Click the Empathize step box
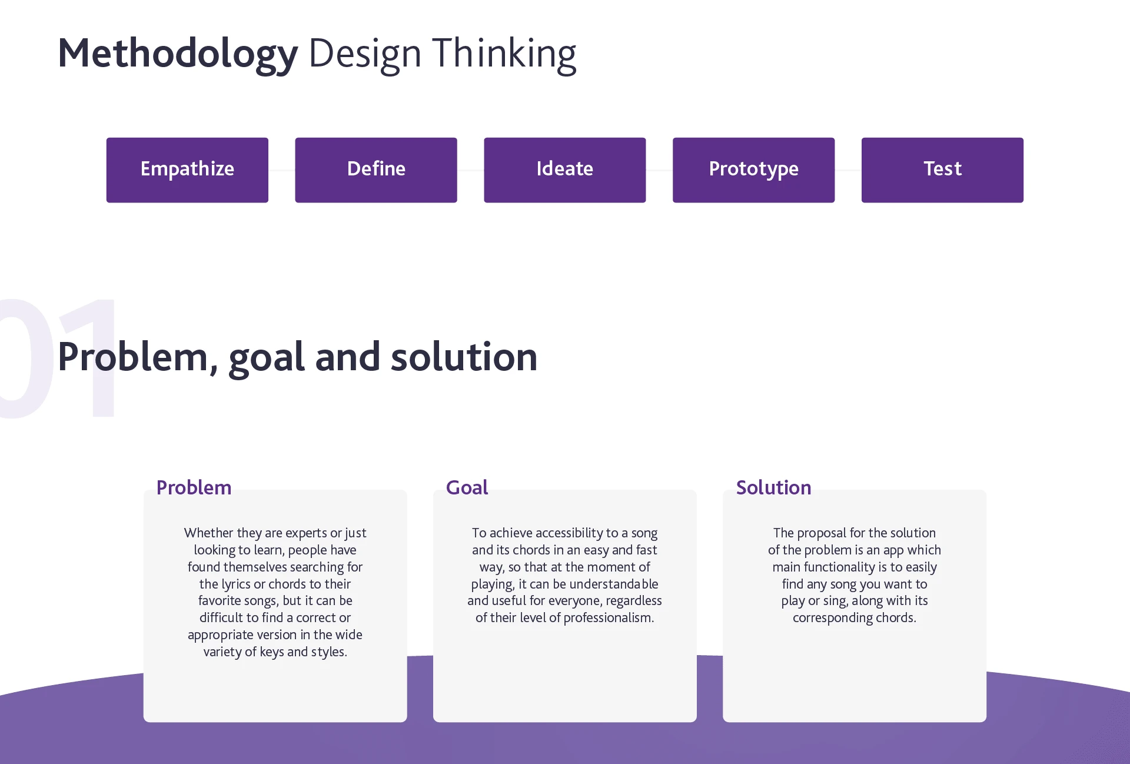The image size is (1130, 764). tap(187, 170)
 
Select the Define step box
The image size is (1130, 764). tap(376, 170)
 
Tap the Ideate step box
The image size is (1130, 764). tap(565, 170)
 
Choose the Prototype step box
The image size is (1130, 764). tap(753, 170)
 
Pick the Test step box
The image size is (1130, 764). tap(942, 170)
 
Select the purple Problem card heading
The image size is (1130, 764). tap(194, 487)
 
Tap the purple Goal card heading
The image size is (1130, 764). tap(467, 487)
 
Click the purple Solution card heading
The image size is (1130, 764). tap(773, 487)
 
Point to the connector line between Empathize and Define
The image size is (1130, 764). tap(282, 170)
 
